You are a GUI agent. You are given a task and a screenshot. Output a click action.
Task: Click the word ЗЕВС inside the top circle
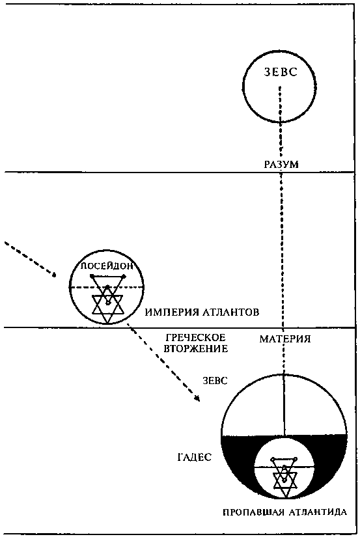[280, 72]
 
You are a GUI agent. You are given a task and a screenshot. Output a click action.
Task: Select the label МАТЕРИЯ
[284, 339]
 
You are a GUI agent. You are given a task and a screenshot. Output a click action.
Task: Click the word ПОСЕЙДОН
[106, 266]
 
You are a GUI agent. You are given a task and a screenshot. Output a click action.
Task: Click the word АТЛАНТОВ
[232, 312]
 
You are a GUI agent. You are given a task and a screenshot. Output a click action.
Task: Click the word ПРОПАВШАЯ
[251, 511]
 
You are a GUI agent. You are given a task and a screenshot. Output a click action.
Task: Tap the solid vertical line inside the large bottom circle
[284, 404]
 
